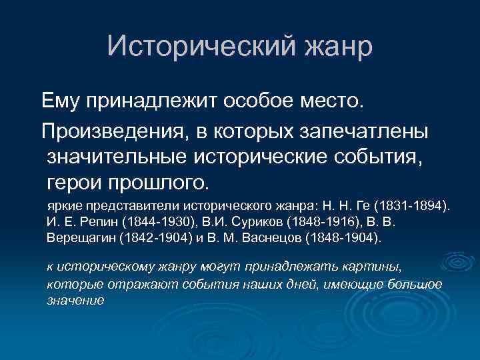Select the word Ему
click(61, 101)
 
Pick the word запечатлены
click(366, 131)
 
